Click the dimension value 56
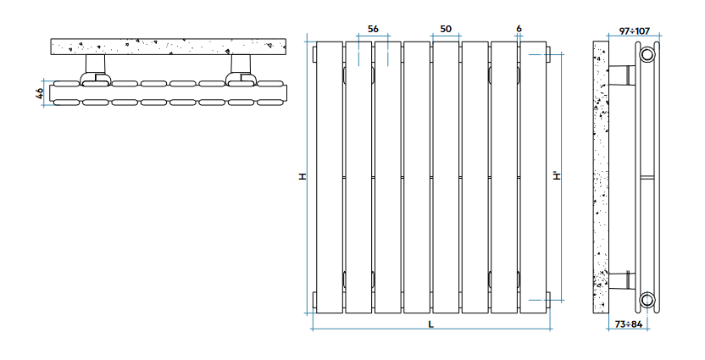[374, 29]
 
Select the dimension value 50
[446, 29]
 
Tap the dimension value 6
[519, 29]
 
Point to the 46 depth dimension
[40, 93]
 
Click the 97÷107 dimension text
[634, 30]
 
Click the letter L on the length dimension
[430, 324]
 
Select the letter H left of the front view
[301, 177]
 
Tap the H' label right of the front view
[556, 177]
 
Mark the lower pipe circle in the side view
[647, 299]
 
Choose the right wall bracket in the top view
[241, 68]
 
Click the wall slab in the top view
[165, 46]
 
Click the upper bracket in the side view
[626, 75]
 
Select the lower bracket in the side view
[626, 280]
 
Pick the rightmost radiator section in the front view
[532, 177]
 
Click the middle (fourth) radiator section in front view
[416, 177]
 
